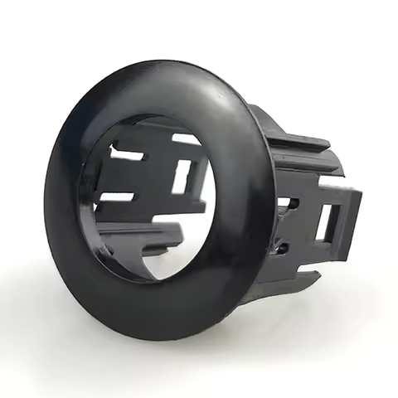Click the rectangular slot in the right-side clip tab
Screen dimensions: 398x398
[325, 221]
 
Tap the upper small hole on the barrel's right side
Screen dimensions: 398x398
[284, 202]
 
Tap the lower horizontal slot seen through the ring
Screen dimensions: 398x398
[116, 198]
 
